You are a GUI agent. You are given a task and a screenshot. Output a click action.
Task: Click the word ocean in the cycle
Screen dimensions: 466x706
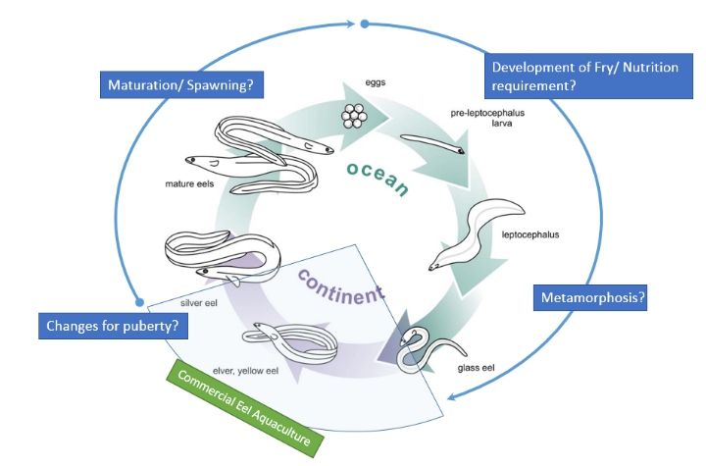(x=378, y=176)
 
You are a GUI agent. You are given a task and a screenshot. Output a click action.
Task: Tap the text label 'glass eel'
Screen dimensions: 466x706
(x=475, y=369)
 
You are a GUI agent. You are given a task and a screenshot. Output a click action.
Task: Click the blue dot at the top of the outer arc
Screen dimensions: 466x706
(x=365, y=23)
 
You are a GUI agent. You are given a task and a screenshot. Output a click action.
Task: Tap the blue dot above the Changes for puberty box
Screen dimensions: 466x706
(x=139, y=302)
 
